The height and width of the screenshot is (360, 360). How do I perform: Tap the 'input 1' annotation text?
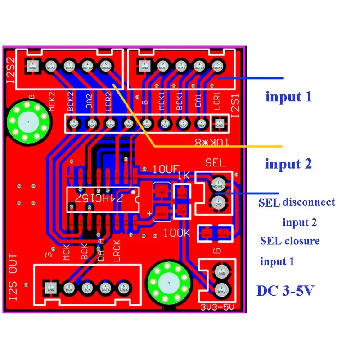[288, 96]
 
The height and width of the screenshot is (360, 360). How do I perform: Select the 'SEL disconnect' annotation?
[297, 202]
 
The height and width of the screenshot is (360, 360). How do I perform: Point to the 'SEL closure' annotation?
[290, 241]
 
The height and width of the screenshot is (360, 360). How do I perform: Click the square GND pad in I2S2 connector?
[33, 66]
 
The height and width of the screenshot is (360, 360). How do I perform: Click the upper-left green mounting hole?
[28, 122]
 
